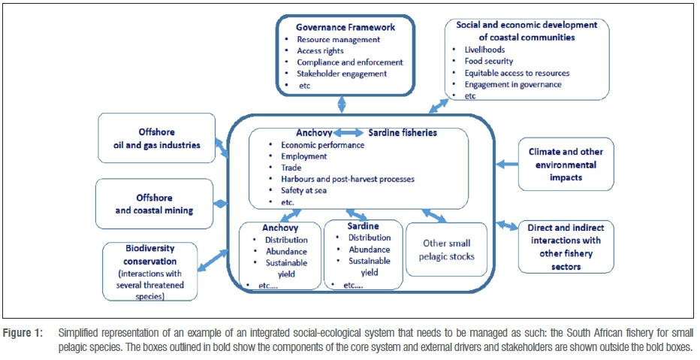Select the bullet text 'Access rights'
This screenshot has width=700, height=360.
click(321, 51)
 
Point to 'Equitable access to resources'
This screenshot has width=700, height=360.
click(517, 73)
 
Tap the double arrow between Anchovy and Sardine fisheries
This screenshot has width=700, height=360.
click(350, 133)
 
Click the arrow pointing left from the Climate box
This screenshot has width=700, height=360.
click(508, 164)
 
